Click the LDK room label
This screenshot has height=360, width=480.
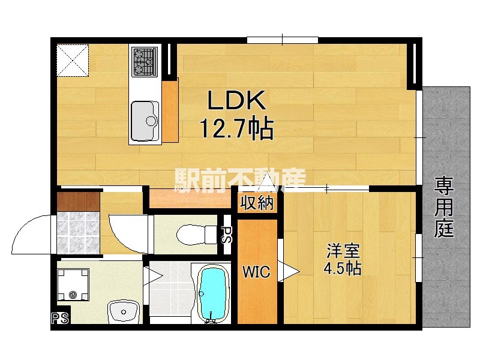pyautogui.click(x=236, y=100)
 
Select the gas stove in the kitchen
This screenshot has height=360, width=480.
pyautogui.click(x=145, y=62)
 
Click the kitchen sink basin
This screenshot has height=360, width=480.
pyautogui.click(x=145, y=121)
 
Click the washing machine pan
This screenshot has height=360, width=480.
pyautogui.click(x=73, y=284)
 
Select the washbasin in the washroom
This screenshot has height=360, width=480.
pyautogui.click(x=124, y=311)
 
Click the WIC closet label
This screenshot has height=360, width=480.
pyautogui.click(x=257, y=272)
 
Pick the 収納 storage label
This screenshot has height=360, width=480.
pyautogui.click(x=257, y=203)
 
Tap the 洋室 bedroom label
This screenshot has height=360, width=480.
pyautogui.click(x=343, y=251)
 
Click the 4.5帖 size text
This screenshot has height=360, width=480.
pyautogui.click(x=343, y=268)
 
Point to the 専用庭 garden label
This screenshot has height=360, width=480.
pyautogui.click(x=444, y=207)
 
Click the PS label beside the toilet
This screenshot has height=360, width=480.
pyautogui.click(x=226, y=235)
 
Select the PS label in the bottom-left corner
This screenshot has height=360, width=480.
pyautogui.click(x=59, y=318)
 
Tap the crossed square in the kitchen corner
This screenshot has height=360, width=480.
pyautogui.click(x=73, y=61)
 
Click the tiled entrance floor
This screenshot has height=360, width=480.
pyautogui.click(x=79, y=233)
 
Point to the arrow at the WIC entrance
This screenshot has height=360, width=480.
pyautogui.click(x=289, y=271)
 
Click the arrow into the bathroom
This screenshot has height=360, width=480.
pyautogui.click(x=153, y=276)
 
